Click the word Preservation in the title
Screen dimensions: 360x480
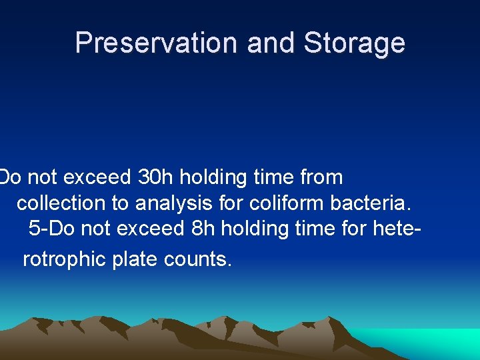click(x=157, y=43)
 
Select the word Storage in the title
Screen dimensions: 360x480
click(x=354, y=43)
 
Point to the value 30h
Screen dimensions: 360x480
click(x=155, y=177)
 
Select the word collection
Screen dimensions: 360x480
click(x=61, y=203)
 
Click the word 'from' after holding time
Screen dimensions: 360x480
click(x=321, y=177)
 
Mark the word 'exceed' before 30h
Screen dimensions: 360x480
click(x=97, y=177)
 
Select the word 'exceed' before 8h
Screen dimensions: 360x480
click(x=151, y=228)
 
